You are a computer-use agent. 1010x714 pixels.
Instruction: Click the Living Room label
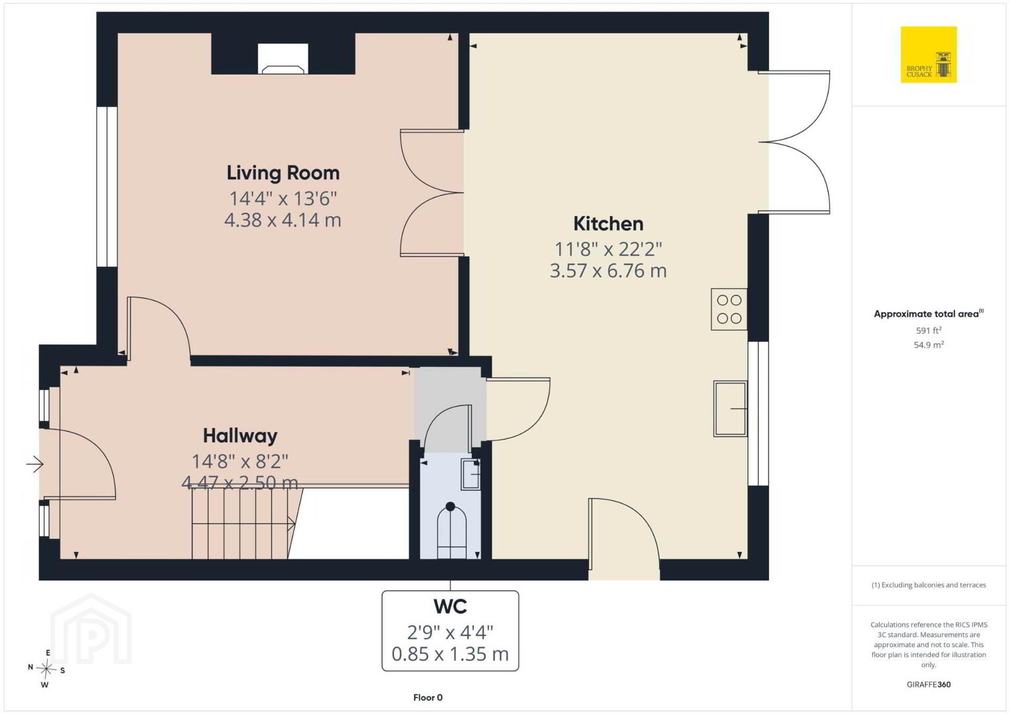click(283, 173)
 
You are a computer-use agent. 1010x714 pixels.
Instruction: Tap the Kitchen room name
click(608, 223)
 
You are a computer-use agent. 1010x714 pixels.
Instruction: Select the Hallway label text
click(240, 436)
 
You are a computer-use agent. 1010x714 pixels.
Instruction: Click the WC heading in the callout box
click(450, 607)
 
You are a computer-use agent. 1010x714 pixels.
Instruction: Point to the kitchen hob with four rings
click(729, 309)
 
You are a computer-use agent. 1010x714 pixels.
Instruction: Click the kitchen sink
click(730, 409)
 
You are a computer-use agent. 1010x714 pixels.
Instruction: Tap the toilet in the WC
click(451, 531)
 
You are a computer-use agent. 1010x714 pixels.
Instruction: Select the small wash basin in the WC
click(471, 474)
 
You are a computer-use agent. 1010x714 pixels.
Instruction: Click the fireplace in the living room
click(283, 59)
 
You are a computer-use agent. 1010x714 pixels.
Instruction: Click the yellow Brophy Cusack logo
click(929, 54)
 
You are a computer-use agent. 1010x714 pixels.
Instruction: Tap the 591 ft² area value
click(929, 330)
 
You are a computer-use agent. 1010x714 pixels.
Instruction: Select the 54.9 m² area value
click(929, 345)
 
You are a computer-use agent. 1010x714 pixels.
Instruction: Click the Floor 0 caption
click(428, 697)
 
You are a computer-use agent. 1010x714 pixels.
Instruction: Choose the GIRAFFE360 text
click(929, 684)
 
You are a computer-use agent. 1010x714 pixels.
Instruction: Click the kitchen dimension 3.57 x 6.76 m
click(608, 271)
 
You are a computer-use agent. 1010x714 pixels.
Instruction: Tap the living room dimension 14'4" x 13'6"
click(283, 198)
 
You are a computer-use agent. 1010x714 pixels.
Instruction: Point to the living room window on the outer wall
click(107, 187)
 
